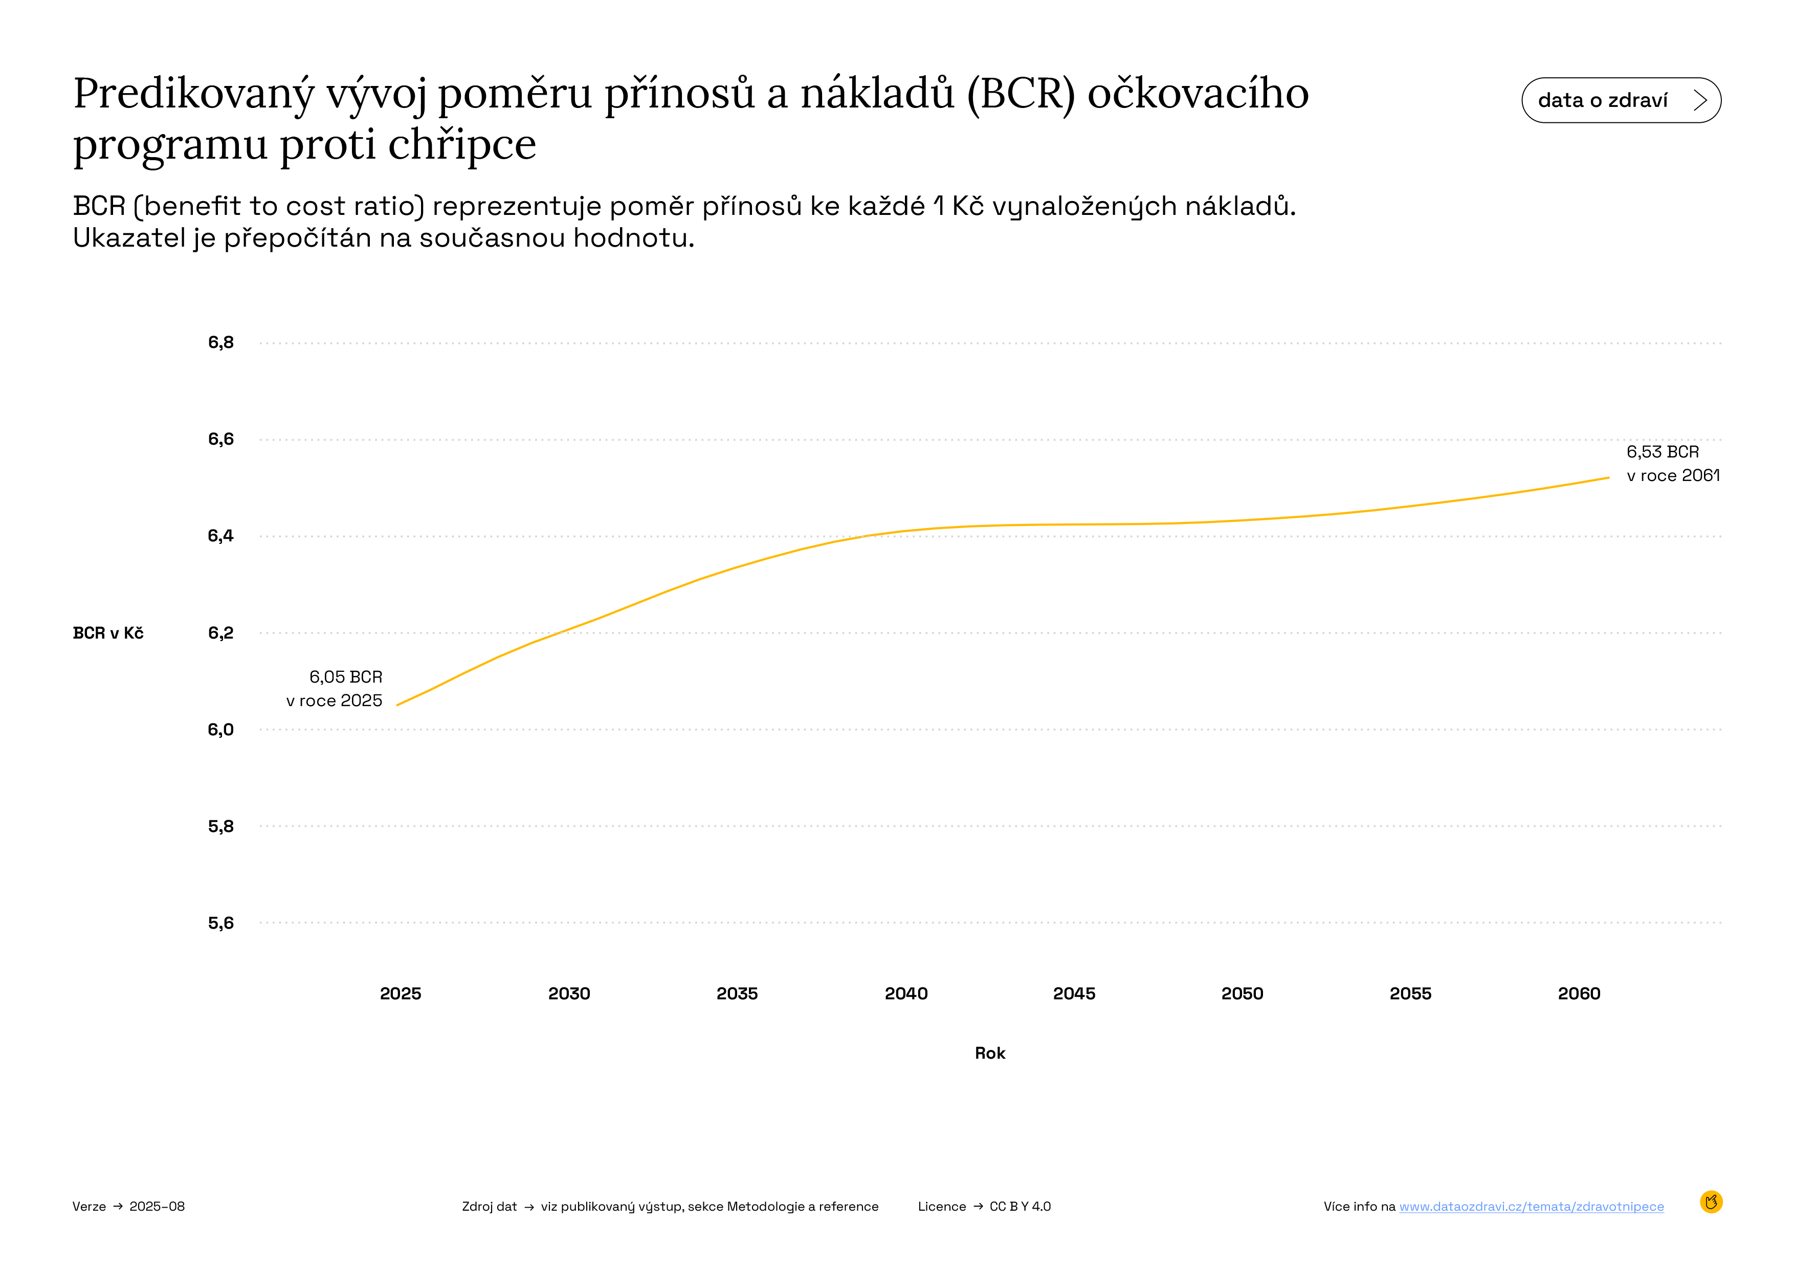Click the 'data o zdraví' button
(1621, 100)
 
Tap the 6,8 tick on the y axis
(220, 342)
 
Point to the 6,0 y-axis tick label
(220, 730)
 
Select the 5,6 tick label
(220, 923)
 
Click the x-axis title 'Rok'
(990, 1054)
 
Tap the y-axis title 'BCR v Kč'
(108, 633)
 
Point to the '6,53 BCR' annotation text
(1662, 452)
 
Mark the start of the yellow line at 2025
(398, 705)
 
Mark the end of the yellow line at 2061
(1608, 477)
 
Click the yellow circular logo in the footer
(1711, 1202)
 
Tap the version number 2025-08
(157, 1207)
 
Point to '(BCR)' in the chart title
(1021, 94)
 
